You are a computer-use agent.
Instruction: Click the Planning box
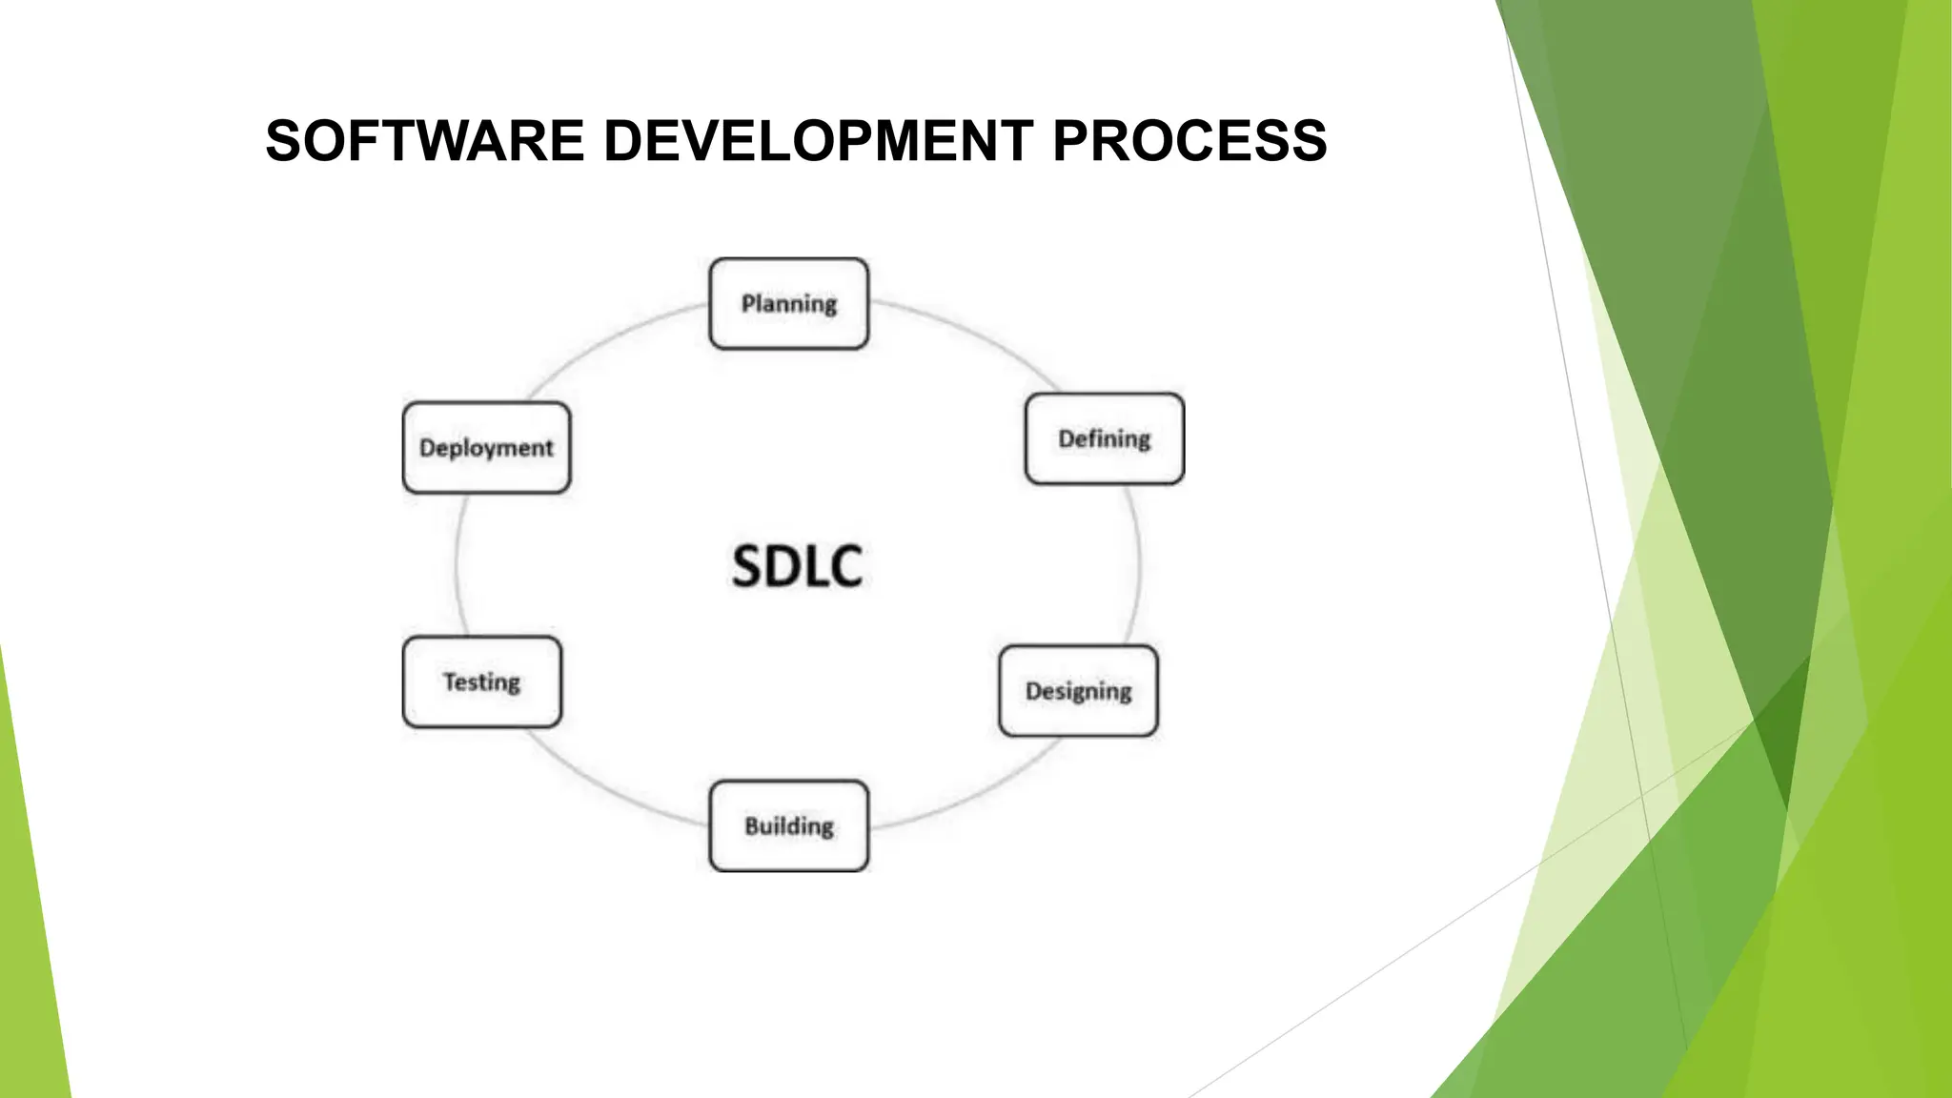click(x=788, y=303)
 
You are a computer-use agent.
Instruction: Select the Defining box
click(x=1104, y=438)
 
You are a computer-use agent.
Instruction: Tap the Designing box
click(x=1078, y=690)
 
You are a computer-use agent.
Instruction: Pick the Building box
click(x=788, y=825)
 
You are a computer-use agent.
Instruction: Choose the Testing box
click(x=481, y=681)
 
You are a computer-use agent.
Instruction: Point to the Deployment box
click(x=486, y=447)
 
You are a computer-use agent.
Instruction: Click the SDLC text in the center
click(x=797, y=565)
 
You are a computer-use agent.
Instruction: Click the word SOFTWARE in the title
click(x=424, y=141)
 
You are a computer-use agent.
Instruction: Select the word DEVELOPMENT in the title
click(x=818, y=141)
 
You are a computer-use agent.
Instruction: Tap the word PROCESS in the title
click(x=1189, y=141)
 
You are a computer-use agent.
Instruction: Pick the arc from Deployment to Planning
click(x=610, y=339)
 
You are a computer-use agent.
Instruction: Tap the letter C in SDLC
click(x=845, y=565)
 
